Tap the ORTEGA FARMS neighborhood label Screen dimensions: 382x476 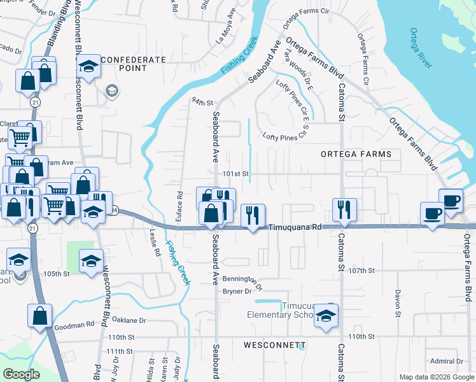356,154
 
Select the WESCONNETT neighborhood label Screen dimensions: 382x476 274,344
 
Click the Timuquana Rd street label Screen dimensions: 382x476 293,227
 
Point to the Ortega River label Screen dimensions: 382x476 421,48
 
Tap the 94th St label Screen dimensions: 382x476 202,101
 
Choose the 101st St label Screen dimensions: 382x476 234,173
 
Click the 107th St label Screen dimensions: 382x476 361,270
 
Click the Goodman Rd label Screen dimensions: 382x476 74,325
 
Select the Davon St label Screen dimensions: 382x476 396,304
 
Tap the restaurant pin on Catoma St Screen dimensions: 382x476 344,210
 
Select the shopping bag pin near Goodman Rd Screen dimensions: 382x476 39,315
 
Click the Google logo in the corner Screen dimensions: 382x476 22,374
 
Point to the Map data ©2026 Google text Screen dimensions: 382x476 436,377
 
